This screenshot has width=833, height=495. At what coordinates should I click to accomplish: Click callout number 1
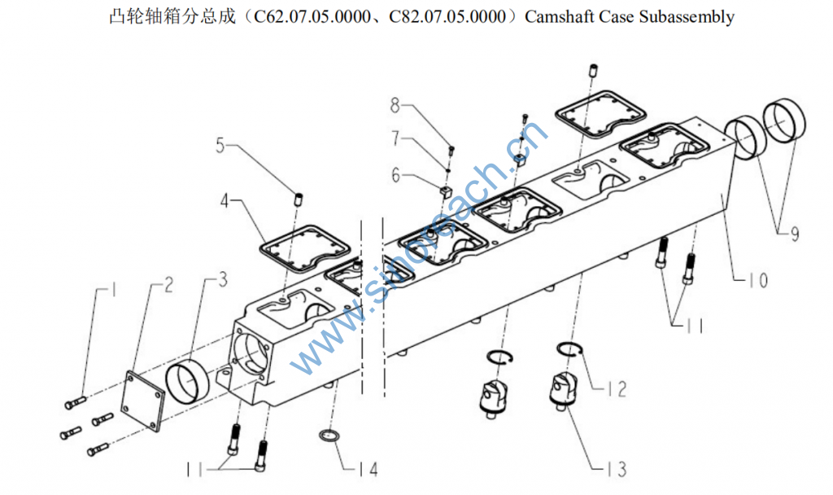(x=115, y=289)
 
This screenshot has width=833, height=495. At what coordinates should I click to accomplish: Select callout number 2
(x=168, y=285)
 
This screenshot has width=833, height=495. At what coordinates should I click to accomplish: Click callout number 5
(x=220, y=146)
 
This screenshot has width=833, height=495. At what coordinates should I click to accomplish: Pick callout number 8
(x=396, y=104)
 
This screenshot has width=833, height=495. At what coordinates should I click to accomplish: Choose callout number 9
(x=793, y=234)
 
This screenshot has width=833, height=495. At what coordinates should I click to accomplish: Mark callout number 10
(x=757, y=281)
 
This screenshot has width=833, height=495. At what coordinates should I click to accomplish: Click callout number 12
(x=617, y=389)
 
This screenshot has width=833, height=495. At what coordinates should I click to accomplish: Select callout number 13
(x=615, y=469)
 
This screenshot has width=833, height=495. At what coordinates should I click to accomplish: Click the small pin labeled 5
(x=298, y=198)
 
